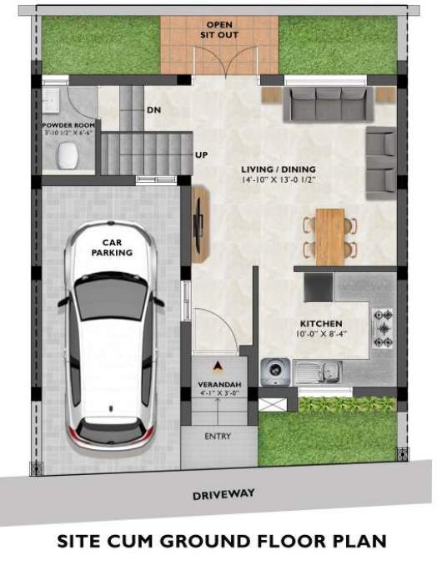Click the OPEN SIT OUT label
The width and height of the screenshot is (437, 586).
[219, 31]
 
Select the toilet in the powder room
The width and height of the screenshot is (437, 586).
[67, 154]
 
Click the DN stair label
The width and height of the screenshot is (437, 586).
[153, 110]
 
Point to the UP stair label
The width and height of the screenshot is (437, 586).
[201, 155]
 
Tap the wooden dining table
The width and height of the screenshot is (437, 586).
[330, 235]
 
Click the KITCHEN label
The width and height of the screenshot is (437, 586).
[322, 326]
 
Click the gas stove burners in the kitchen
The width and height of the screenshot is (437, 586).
[383, 328]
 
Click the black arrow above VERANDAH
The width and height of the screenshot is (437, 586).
[218, 366]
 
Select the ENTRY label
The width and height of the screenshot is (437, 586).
[218, 437]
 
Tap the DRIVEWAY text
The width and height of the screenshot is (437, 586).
[224, 495]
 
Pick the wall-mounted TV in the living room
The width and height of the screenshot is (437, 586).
[198, 221]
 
